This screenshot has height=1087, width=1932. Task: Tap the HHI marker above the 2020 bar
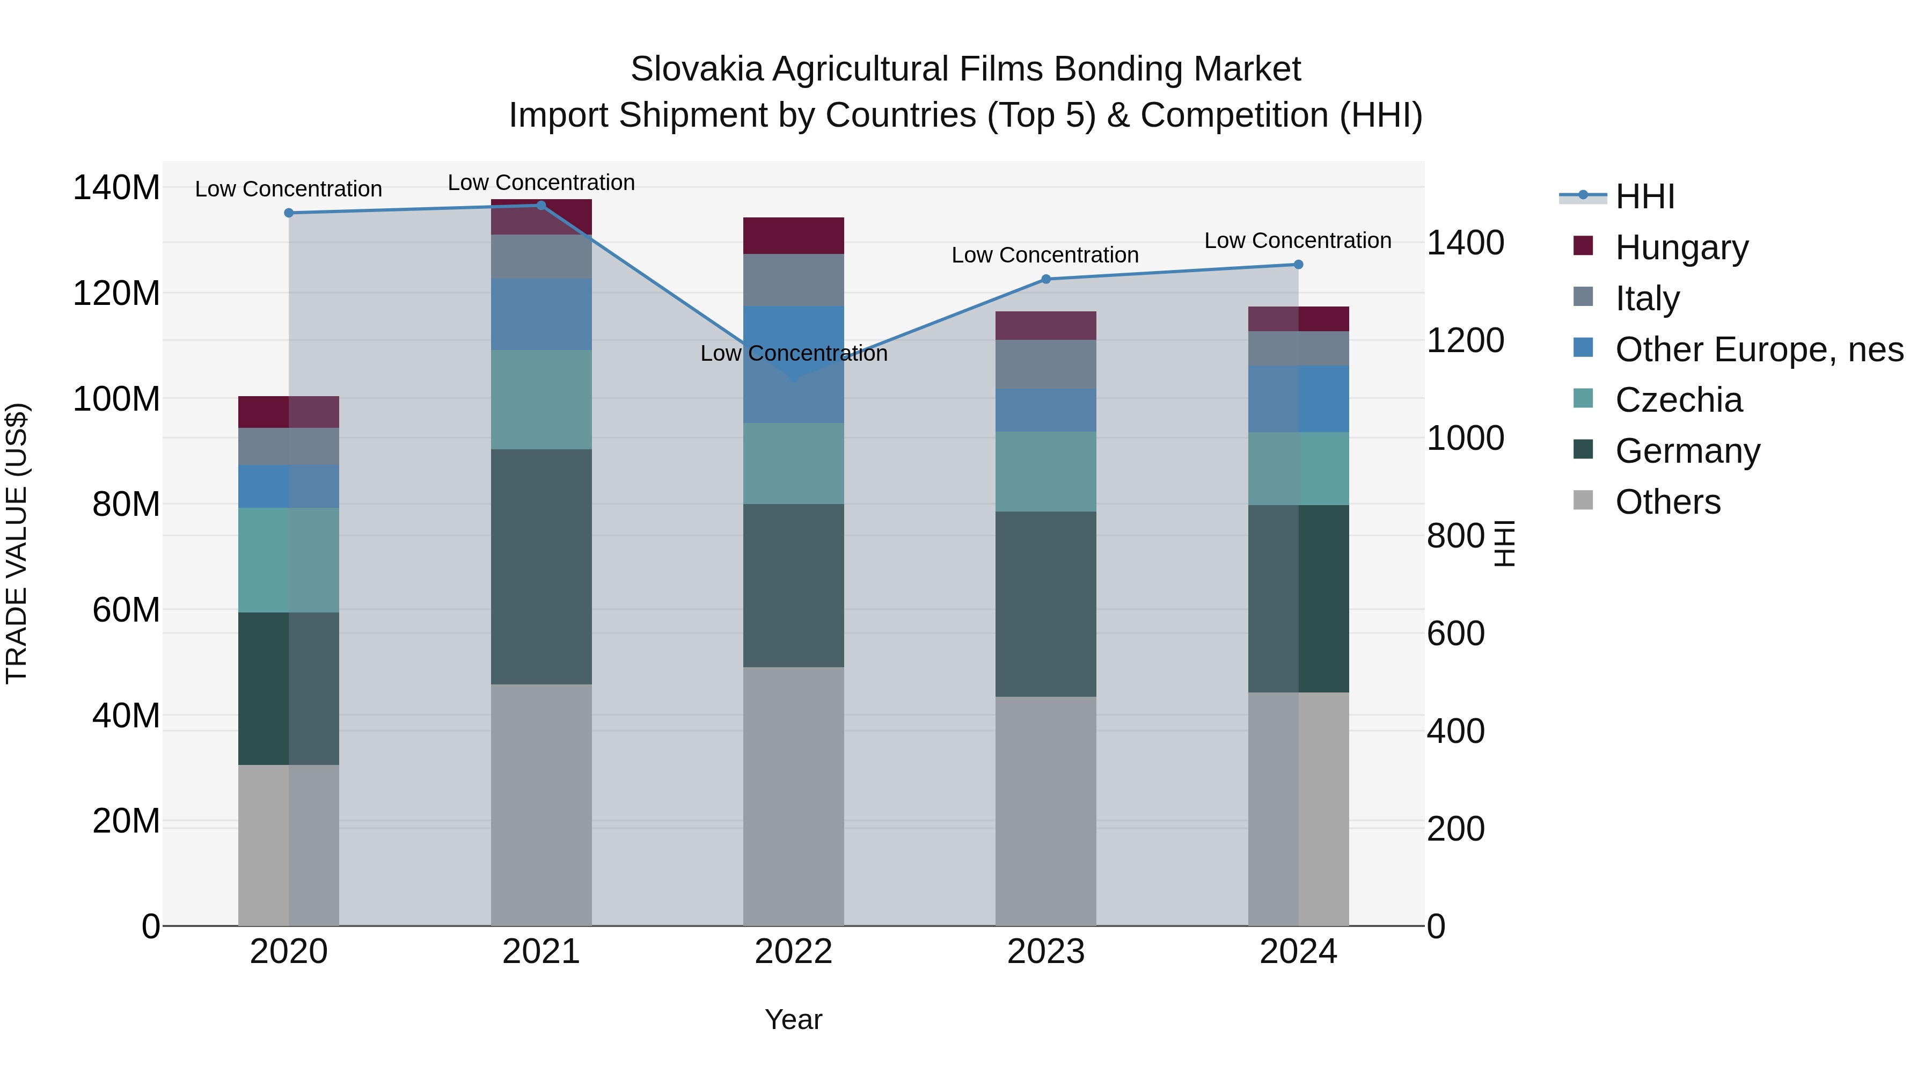pyautogui.click(x=289, y=213)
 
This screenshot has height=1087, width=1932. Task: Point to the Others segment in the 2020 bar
pyautogui.click(x=289, y=845)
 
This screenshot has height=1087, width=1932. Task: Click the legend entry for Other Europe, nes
pyautogui.click(x=1759, y=349)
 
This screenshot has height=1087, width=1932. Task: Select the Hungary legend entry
pyautogui.click(x=1681, y=247)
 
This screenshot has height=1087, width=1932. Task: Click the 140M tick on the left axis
pyautogui.click(x=116, y=187)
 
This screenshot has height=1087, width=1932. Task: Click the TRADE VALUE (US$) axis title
pyautogui.click(x=17, y=543)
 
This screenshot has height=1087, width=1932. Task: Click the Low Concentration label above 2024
pyautogui.click(x=1298, y=241)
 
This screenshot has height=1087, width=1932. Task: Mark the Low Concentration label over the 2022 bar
pyautogui.click(x=794, y=353)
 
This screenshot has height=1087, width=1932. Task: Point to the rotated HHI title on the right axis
pyautogui.click(x=1504, y=543)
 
